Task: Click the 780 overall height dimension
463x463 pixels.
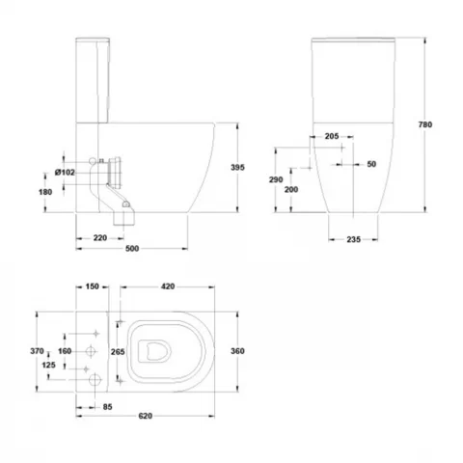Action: click(x=425, y=124)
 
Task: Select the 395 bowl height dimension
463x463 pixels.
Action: click(x=237, y=167)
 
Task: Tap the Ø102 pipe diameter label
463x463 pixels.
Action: click(x=65, y=173)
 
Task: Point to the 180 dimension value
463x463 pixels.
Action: click(x=45, y=192)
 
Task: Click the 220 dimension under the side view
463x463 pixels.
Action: click(x=100, y=238)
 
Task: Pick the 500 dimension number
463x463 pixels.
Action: click(x=132, y=249)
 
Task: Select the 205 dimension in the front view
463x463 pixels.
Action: click(x=332, y=136)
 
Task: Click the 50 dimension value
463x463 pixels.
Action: click(x=371, y=164)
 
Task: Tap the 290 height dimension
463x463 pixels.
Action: click(x=276, y=179)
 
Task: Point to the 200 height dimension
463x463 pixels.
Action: click(x=291, y=189)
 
